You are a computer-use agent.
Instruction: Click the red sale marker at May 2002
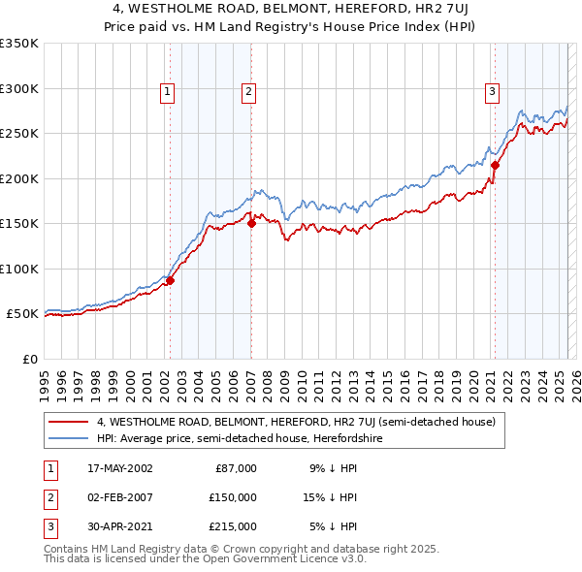click(x=170, y=281)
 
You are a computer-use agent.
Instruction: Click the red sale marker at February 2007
click(x=251, y=223)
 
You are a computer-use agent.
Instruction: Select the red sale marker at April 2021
click(x=494, y=165)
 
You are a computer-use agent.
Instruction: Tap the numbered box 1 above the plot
click(x=168, y=92)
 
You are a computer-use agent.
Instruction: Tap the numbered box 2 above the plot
click(x=249, y=92)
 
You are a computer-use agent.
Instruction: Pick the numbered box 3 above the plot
click(x=492, y=92)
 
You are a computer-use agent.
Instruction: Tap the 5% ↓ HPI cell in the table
click(x=335, y=526)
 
